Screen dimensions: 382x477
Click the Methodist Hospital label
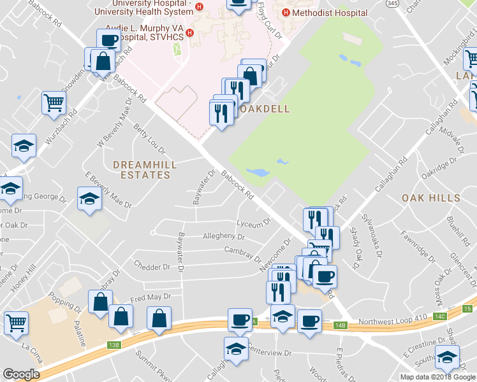pyautogui.click(x=330, y=13)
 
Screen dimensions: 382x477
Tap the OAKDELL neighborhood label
pyautogui.click(x=263, y=109)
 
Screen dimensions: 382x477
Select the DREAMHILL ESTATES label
pyautogui.click(x=145, y=169)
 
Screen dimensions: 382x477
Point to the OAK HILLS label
pyautogui.click(x=431, y=198)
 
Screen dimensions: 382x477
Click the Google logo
pyautogui.click(x=21, y=374)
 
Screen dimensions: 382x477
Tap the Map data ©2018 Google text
pyautogui.click(x=437, y=377)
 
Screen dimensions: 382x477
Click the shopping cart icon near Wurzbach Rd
pyautogui.click(x=54, y=102)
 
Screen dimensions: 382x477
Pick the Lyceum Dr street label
pyautogui.click(x=253, y=223)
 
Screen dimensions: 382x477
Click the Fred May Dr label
pyautogui.click(x=150, y=297)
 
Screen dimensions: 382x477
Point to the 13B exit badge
pyautogui.click(x=114, y=345)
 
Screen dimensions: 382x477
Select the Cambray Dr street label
pyautogui.click(x=242, y=253)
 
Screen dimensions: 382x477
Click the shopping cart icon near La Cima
pyautogui.click(x=16, y=322)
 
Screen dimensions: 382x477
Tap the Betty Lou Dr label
pyautogui.click(x=149, y=139)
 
